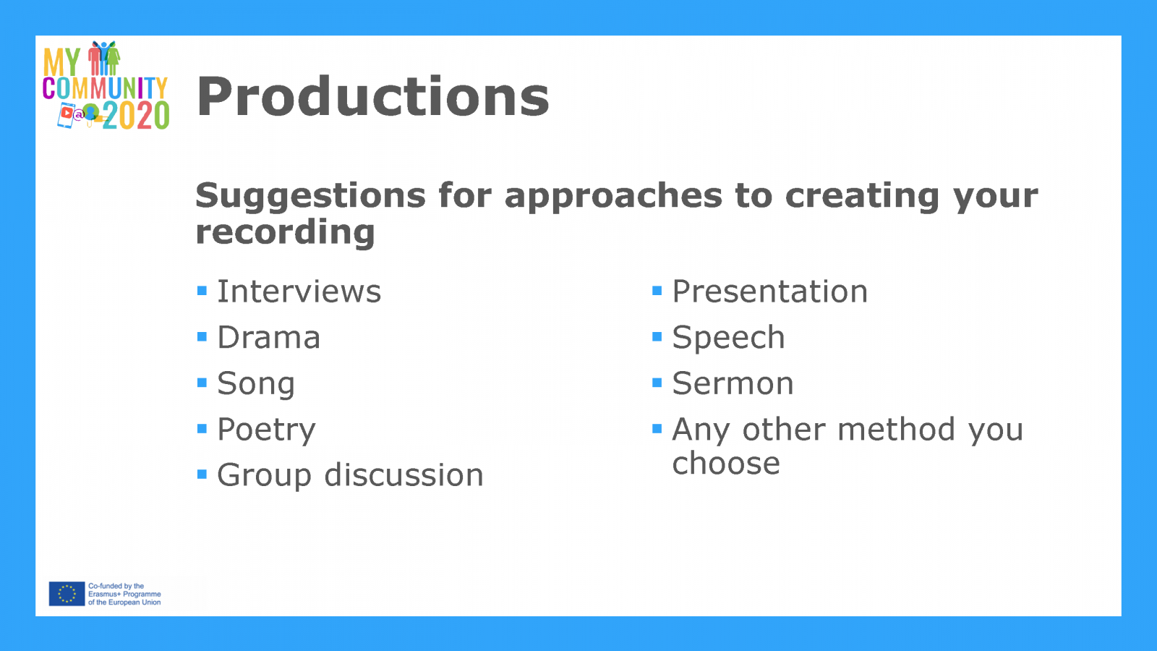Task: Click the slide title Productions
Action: [x=372, y=97]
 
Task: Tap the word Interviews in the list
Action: [x=299, y=292]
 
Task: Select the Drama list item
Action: [x=268, y=337]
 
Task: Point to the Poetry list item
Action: [x=266, y=430]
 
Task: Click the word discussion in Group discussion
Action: [x=404, y=475]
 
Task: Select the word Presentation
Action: [x=769, y=292]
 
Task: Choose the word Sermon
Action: [x=733, y=383]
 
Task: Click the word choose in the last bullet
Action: [x=726, y=463]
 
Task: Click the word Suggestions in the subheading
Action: [x=310, y=197]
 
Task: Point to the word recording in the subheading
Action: [x=285, y=233]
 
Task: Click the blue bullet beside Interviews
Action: [x=202, y=291]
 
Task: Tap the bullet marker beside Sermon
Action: [x=657, y=383]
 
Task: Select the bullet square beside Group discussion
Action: [x=202, y=475]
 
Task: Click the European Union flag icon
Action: [x=67, y=594]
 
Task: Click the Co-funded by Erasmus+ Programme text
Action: [x=124, y=594]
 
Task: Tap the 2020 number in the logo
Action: [x=136, y=116]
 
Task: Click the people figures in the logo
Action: [x=104, y=58]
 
